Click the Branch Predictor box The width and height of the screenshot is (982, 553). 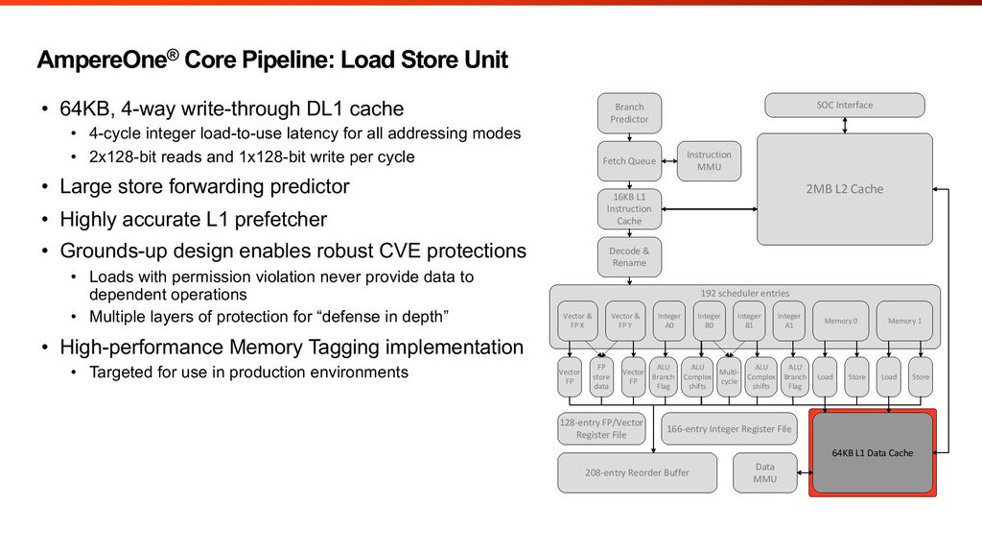[x=629, y=113]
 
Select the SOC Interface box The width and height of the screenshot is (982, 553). [x=844, y=105]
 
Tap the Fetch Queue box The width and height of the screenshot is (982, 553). [x=629, y=160]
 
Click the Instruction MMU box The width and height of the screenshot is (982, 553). [x=709, y=160]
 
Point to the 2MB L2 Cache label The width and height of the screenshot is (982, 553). [x=844, y=189]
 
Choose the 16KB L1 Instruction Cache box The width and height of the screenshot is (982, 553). [x=629, y=208]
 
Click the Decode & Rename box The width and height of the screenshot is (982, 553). [x=629, y=256]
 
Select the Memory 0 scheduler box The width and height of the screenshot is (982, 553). [x=840, y=321]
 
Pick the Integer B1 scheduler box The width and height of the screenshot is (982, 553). [x=749, y=321]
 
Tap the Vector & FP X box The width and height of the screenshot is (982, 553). [x=576, y=321]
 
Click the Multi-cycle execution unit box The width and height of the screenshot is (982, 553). [x=729, y=376]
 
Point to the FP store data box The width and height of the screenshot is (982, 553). [x=601, y=376]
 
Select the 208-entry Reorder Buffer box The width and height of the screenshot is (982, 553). [x=637, y=472]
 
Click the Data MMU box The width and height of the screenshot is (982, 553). [x=764, y=472]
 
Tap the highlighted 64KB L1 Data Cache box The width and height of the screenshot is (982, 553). [x=873, y=452]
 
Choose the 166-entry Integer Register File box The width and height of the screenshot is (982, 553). [x=729, y=429]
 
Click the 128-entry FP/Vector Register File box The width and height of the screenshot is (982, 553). [x=601, y=429]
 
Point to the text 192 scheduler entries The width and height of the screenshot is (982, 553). [x=744, y=293]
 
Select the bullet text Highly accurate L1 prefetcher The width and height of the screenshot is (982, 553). [x=193, y=219]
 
